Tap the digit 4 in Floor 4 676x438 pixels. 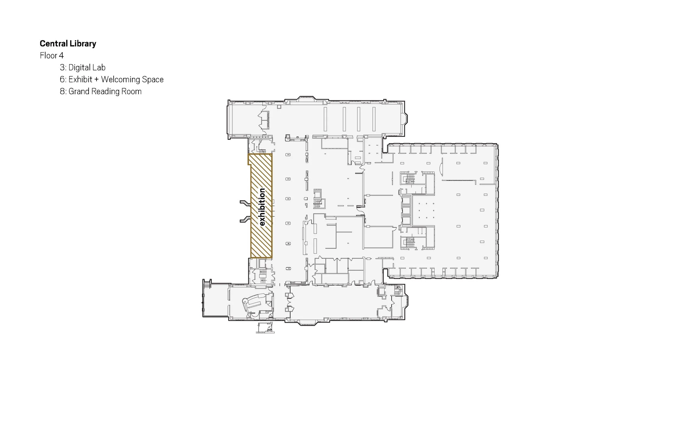tap(61, 55)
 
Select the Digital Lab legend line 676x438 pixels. tap(83, 67)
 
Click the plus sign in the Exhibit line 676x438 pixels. tap(96, 79)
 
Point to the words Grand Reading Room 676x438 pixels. tap(105, 91)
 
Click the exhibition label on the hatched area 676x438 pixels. tap(262, 207)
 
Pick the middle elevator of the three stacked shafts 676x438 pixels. tap(406, 210)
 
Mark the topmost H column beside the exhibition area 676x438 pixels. tap(288, 155)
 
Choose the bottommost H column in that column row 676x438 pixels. tap(288, 269)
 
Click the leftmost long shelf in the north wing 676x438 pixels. tap(325, 119)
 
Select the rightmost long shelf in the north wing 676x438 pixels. tap(374, 119)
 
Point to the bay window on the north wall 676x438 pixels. tap(306, 99)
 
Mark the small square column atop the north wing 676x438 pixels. tap(279, 107)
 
